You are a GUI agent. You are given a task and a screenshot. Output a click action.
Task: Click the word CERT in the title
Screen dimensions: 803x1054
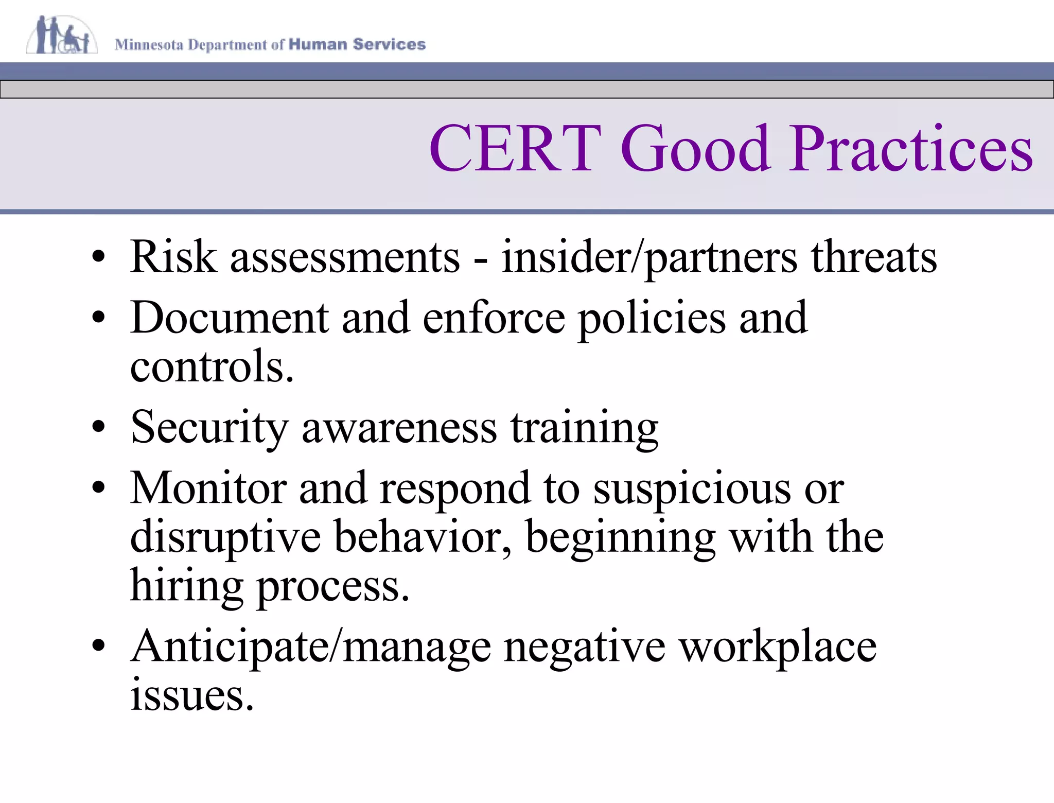(515, 149)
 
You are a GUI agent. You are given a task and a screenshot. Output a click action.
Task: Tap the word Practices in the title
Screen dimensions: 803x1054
(911, 149)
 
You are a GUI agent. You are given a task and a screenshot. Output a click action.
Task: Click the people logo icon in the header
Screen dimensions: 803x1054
(62, 35)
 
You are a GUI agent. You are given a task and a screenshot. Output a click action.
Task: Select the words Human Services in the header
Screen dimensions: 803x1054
(357, 44)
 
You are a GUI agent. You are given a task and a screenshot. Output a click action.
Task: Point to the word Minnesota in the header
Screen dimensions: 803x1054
(149, 45)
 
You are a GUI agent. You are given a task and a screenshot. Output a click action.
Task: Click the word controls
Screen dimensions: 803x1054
(212, 366)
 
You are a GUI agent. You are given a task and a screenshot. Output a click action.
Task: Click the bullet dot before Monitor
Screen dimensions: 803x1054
(98, 486)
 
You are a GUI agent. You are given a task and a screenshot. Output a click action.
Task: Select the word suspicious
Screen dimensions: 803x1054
(692, 488)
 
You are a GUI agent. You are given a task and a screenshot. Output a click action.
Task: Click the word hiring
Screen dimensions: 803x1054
(186, 586)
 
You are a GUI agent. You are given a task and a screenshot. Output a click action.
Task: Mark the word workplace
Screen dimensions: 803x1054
(777, 647)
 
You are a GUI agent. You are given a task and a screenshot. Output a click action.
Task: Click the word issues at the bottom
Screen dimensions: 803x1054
(191, 695)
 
